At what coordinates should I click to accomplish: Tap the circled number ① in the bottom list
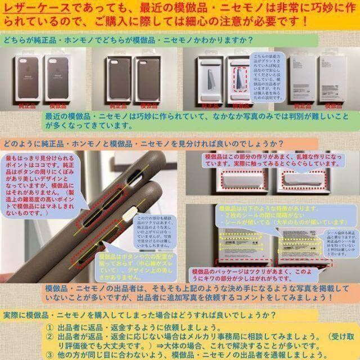point(50,327)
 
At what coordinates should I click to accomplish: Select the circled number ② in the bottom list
point(50,336)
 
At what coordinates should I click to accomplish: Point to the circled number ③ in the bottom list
point(50,355)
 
